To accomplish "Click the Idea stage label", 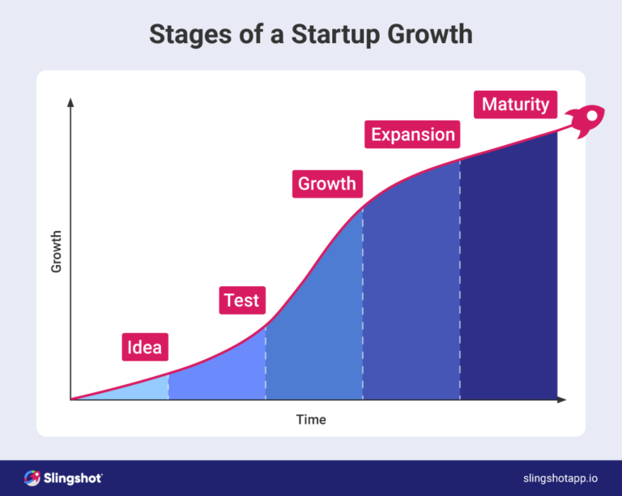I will (145, 348).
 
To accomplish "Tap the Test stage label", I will (241, 301).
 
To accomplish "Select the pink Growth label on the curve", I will (326, 184).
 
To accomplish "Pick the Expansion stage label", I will (413, 135).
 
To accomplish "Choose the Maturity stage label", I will (515, 105).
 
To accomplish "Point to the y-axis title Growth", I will (57, 251).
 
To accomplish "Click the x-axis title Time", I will (311, 420).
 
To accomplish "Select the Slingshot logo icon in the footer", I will (32, 478).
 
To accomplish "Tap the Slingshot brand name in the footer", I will (73, 478).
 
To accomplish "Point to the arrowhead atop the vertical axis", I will (70, 103).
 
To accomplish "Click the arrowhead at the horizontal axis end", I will (562, 400).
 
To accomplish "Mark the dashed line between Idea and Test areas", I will (168, 387).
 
